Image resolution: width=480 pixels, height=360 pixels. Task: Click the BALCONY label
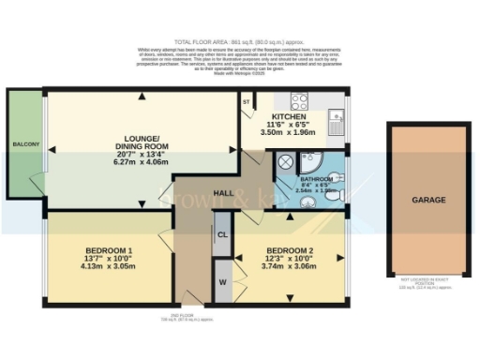coord(25,144)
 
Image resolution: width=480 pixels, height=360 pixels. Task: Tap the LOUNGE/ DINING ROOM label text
coord(142,142)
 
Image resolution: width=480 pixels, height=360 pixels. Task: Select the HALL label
coord(223,192)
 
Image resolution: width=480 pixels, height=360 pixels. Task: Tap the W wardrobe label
coord(222,280)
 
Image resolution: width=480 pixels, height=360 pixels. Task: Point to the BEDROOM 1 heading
coord(110,250)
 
